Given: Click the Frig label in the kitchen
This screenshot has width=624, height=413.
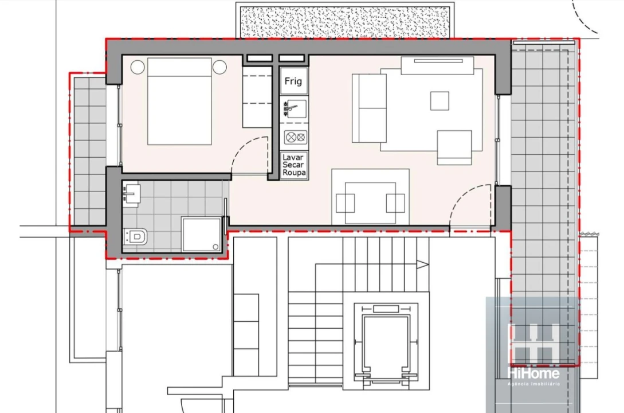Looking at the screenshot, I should [x=293, y=81].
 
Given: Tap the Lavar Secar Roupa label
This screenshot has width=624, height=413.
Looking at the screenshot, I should [x=294, y=165].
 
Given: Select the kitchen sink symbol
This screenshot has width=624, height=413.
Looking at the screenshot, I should [x=294, y=109].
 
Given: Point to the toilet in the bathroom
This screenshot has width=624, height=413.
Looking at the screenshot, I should [x=136, y=236].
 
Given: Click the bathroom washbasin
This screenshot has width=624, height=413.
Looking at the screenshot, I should [x=132, y=193].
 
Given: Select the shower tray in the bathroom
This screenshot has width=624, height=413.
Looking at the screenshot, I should [x=201, y=234].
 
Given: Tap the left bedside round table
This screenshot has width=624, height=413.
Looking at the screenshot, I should [x=138, y=67].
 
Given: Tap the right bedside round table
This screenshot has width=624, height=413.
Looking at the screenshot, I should [x=219, y=67].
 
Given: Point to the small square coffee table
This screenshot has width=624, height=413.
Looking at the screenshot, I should [x=440, y=101].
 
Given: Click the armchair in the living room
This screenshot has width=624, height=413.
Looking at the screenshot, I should [x=455, y=147].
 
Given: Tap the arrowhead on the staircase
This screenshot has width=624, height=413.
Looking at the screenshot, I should [x=422, y=264].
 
